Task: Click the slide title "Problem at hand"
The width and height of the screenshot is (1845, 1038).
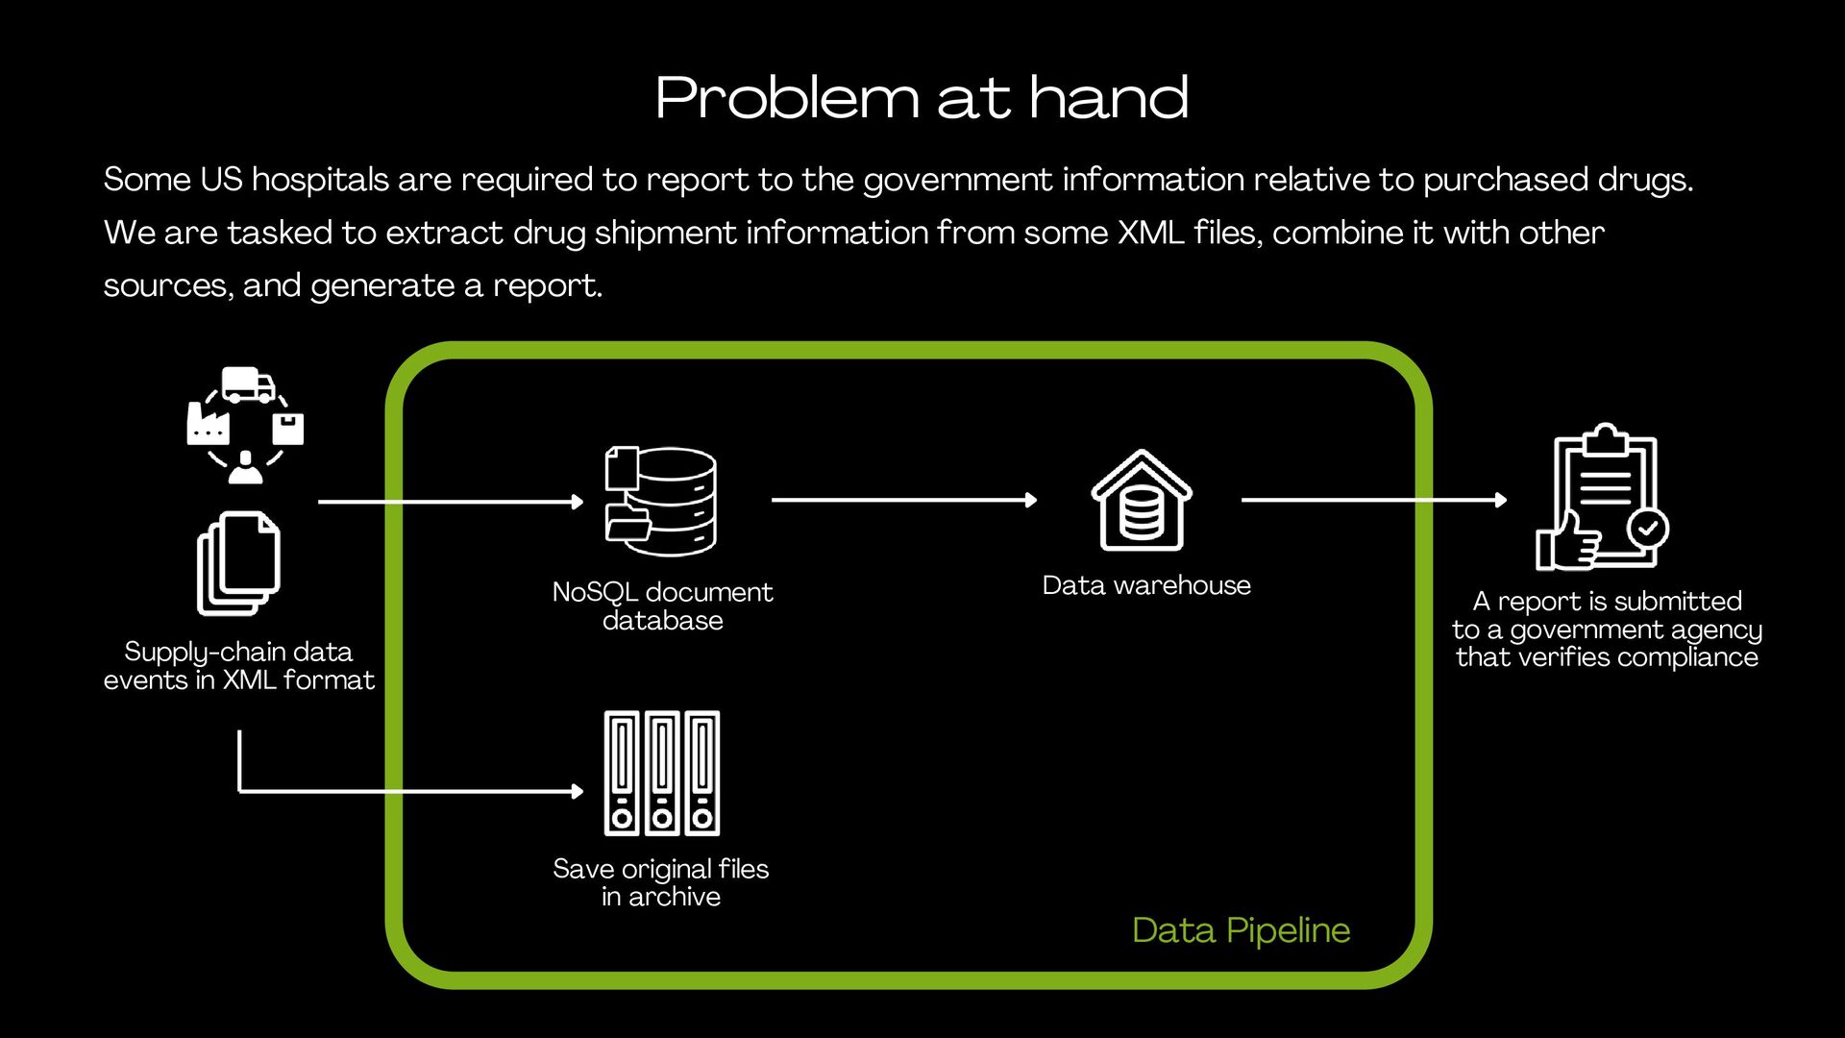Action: pyautogui.click(x=922, y=98)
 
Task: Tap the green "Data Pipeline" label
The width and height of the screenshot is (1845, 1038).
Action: pyautogui.click(x=1241, y=930)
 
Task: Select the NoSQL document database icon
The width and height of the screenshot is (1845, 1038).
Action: pyautogui.click(x=661, y=501)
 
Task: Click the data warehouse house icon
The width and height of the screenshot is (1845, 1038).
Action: pyautogui.click(x=1141, y=500)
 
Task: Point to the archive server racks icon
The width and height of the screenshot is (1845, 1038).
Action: pyautogui.click(x=661, y=773)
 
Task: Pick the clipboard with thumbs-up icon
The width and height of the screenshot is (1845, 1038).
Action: pyautogui.click(x=1601, y=498)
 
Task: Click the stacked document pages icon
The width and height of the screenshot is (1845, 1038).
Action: pyautogui.click(x=238, y=563)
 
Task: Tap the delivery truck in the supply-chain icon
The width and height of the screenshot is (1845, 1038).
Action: pyautogui.click(x=247, y=384)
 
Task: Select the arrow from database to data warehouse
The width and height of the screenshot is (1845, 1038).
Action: pyautogui.click(x=903, y=500)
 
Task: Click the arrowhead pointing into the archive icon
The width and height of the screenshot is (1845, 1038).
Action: pyautogui.click(x=577, y=791)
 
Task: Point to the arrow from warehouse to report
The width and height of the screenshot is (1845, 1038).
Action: pyautogui.click(x=1373, y=500)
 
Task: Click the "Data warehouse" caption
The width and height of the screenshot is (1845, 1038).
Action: pyautogui.click(x=1146, y=585)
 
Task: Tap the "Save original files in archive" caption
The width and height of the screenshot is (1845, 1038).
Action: pyautogui.click(x=661, y=882)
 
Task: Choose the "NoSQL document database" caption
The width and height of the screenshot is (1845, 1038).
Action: pyautogui.click(x=662, y=605)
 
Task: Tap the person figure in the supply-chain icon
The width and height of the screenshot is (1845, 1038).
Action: pyautogui.click(x=246, y=467)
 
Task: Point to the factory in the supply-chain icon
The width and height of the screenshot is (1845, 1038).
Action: pyautogui.click(x=208, y=424)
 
